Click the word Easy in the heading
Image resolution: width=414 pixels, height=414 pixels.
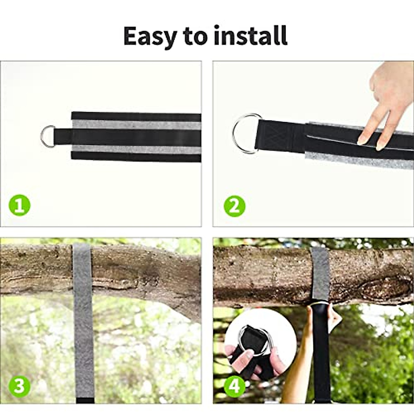[x=149, y=36]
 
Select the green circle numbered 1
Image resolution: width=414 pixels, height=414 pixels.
[x=20, y=206]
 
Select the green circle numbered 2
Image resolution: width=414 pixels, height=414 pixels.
[x=235, y=206]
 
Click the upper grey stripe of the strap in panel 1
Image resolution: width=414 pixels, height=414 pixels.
[x=136, y=125]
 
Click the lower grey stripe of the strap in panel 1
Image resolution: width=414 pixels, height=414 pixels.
[x=136, y=149]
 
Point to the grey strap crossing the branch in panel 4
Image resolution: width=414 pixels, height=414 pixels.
[x=320, y=273]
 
